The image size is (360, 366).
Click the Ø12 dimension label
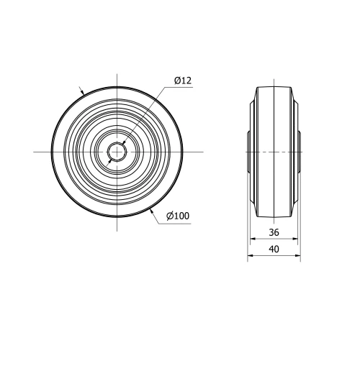pos(182,81)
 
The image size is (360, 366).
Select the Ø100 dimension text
pos(177,216)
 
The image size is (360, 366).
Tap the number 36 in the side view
pos(274,232)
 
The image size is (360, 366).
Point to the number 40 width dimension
pos(274,249)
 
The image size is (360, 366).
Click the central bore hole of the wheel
pos(117,152)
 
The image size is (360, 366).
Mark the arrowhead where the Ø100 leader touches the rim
pos(153,211)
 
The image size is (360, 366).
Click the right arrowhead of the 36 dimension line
pos(295,239)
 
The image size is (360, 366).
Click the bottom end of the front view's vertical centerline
pos(117,231)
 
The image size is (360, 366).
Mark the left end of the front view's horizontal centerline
pos(34,152)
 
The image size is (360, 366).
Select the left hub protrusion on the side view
pos(249,152)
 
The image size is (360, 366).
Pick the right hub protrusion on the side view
pos(299,152)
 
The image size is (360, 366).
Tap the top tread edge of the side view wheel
pos(274,86)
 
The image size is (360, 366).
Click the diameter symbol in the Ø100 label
pos(169,216)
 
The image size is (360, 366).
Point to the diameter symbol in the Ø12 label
pos(177,81)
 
